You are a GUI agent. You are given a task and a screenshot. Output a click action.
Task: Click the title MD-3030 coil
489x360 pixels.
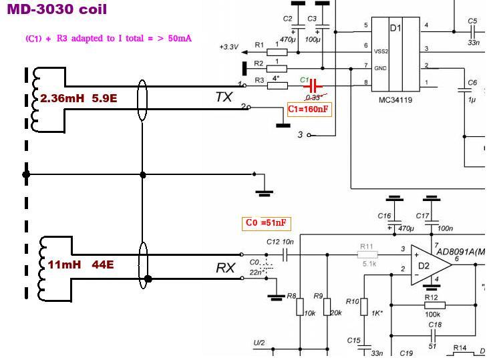57,10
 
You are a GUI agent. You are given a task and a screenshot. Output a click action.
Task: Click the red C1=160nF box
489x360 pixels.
309,110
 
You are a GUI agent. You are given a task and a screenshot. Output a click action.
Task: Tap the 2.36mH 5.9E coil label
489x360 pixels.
78,99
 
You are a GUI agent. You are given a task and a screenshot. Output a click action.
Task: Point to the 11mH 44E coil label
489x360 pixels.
80,264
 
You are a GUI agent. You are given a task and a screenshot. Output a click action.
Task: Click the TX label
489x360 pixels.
224,98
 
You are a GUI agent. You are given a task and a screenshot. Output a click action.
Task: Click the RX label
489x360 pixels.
225,268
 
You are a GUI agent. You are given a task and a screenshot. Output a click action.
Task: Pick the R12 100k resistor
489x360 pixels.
432,305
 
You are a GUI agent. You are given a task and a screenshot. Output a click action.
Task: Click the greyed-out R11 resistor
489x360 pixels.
367,254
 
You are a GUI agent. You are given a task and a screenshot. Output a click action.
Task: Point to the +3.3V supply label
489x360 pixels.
228,47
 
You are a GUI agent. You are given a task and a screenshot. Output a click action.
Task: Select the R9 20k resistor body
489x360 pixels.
327,307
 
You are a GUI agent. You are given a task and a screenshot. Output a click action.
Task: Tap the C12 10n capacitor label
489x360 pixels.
279,242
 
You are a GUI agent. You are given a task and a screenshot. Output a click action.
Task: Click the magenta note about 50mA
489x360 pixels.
108,39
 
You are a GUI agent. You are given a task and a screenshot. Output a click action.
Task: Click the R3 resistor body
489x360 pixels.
277,85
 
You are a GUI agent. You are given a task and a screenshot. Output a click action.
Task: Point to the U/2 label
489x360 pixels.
259,343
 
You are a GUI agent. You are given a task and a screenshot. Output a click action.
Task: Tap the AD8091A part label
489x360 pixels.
461,252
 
